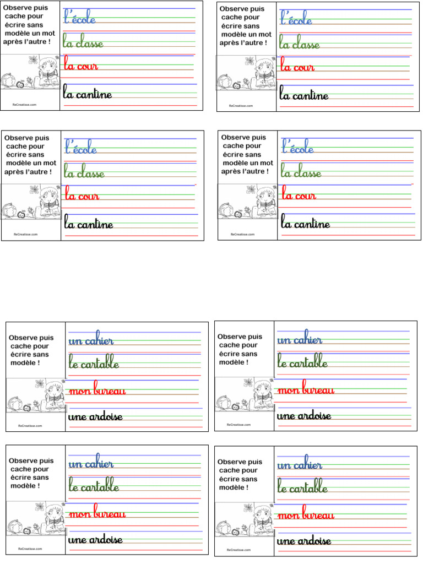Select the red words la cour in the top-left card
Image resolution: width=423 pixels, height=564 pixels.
tap(81, 66)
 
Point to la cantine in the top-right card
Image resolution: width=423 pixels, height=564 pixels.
tap(304, 95)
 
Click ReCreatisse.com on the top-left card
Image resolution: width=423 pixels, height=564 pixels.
tap(25, 104)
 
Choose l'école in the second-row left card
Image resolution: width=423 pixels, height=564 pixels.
tap(81, 148)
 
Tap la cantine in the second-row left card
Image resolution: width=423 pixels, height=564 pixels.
tap(89, 224)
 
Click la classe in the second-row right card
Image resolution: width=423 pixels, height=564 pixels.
tap(301, 173)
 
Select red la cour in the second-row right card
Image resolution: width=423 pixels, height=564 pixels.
tap(299, 195)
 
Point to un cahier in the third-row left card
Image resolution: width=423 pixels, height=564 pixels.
tap(91, 341)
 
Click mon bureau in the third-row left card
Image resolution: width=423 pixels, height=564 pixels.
tap(97, 391)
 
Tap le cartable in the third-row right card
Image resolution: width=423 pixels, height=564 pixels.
tap(303, 363)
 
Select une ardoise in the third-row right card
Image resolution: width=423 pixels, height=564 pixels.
tap(304, 415)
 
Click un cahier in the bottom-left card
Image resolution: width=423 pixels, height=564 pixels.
tap(91, 464)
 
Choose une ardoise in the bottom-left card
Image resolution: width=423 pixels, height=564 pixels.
tap(95, 539)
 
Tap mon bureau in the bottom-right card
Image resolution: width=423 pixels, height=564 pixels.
tap(306, 515)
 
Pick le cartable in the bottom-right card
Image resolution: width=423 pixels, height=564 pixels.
tap(303, 488)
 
